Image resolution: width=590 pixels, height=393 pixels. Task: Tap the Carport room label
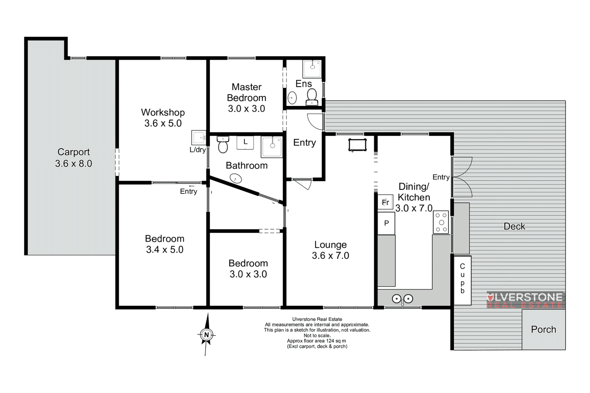(x=74, y=152)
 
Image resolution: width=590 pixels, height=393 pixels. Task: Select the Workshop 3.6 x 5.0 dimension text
(x=163, y=123)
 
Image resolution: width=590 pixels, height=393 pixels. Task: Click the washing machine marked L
(x=245, y=142)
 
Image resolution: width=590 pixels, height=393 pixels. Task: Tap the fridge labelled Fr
(x=385, y=202)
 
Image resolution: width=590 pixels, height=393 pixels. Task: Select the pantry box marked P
(x=386, y=223)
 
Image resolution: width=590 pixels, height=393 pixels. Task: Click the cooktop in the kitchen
(x=441, y=222)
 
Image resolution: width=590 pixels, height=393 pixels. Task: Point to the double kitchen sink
(x=402, y=298)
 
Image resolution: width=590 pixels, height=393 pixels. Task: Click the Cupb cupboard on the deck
(x=462, y=280)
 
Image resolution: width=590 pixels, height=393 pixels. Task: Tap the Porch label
(x=544, y=329)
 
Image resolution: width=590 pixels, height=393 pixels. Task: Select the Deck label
(x=514, y=227)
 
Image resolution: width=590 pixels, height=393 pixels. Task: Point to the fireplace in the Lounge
(x=358, y=145)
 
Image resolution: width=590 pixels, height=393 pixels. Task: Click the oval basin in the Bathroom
(x=236, y=178)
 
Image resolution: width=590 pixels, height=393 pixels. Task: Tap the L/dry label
(x=198, y=150)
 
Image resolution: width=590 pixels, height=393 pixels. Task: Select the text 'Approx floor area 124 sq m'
(x=317, y=341)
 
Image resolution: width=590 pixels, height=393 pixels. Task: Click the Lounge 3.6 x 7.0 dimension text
(x=330, y=255)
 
